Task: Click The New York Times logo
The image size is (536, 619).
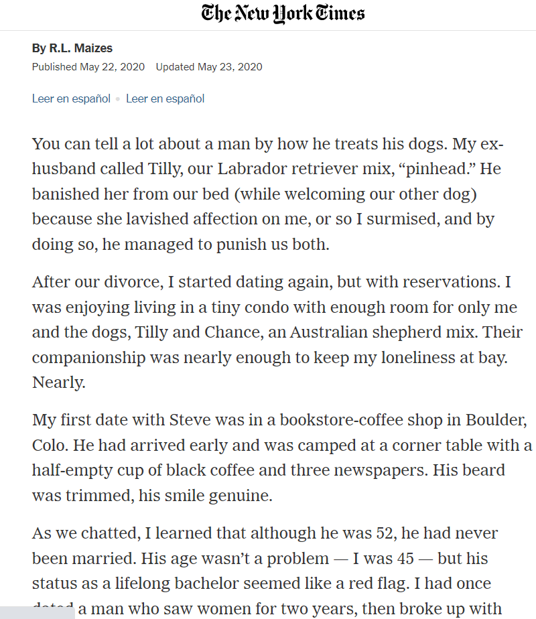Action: tap(283, 13)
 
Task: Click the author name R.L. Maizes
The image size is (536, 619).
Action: tap(81, 48)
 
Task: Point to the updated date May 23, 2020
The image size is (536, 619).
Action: tap(229, 67)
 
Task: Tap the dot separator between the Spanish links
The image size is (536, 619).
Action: tap(118, 99)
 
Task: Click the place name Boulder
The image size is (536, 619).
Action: tap(490, 421)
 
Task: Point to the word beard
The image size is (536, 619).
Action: tap(480, 471)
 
